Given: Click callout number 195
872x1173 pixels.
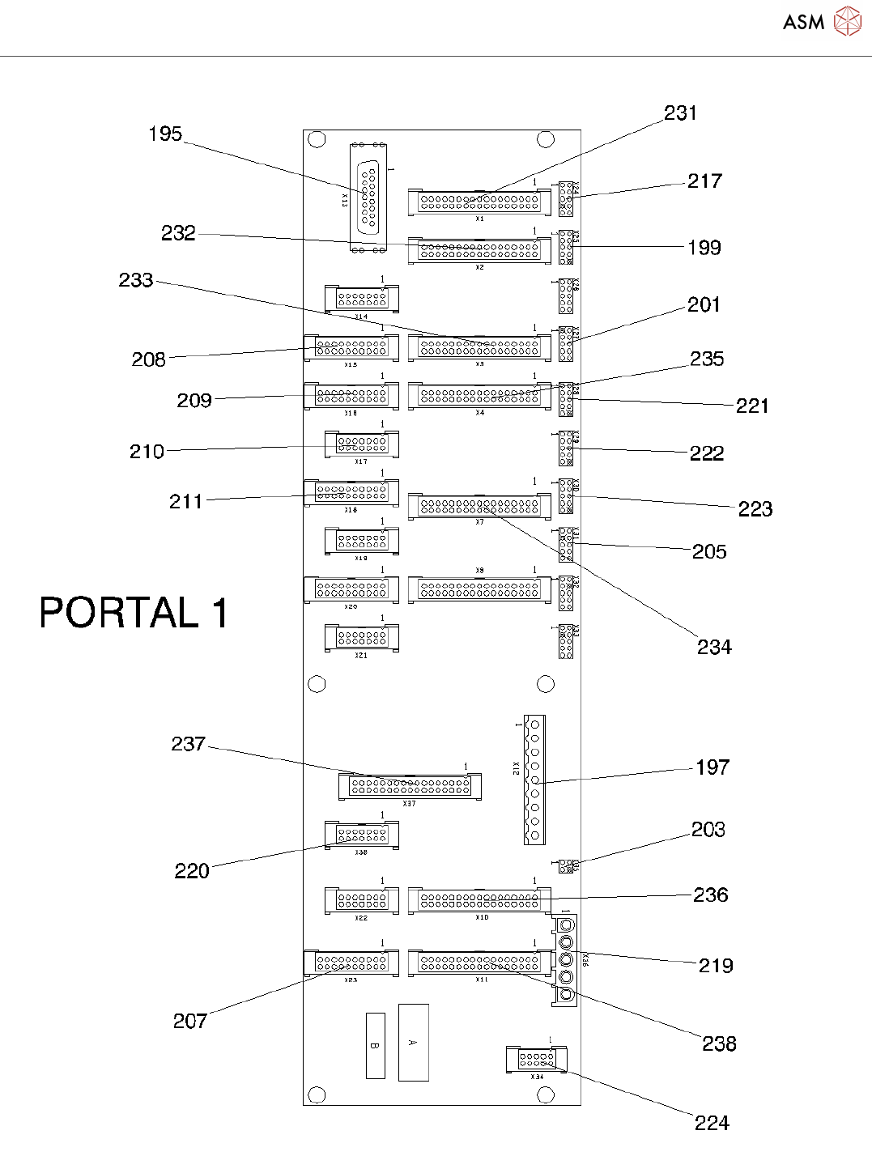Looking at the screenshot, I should coord(165,134).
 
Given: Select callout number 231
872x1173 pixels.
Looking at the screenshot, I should coord(680,113).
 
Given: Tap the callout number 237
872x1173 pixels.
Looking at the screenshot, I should coord(188,744).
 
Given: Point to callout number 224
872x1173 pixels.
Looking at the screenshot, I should coord(712,1123).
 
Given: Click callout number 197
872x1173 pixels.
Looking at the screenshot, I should coord(712,767).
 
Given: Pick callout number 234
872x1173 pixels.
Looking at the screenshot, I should coord(714,647).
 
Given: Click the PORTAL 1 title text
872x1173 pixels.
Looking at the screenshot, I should coord(134,613).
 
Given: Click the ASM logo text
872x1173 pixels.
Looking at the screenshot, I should coord(803,22).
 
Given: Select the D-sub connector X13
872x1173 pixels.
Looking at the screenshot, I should coord(368,198).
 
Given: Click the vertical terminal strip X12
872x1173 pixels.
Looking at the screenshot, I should coord(534,779).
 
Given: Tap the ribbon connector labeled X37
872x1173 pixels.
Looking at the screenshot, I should coord(410,786).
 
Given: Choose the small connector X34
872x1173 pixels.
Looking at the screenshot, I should coord(536,1059).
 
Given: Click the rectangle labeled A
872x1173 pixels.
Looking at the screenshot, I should coord(413,1042).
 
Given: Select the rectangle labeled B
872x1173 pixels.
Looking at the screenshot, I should coord(375,1045).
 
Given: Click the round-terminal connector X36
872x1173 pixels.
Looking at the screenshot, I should coord(566,960).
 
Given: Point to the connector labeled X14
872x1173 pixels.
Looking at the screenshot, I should coord(362,299).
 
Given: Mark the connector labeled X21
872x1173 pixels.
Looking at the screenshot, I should coord(362,638).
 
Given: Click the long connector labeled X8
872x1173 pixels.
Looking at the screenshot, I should coord(479,589).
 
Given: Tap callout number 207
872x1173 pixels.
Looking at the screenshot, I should coord(190,1021).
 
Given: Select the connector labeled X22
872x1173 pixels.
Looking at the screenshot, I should coord(362,900).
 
